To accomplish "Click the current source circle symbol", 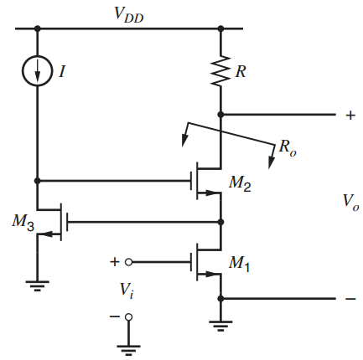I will [x=37, y=72].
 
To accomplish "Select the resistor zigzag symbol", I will [x=220, y=73].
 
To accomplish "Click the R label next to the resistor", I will [x=241, y=73].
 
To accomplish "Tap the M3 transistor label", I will [x=22, y=222].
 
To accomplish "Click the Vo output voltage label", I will [x=350, y=202].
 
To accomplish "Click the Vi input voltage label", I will [x=126, y=291].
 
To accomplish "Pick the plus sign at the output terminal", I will [x=350, y=116].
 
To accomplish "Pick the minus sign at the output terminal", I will [x=350, y=298].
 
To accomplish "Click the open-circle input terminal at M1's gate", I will [x=128, y=261].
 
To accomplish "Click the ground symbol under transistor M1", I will [x=220, y=326].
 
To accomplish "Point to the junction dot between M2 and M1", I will [x=220, y=223].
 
